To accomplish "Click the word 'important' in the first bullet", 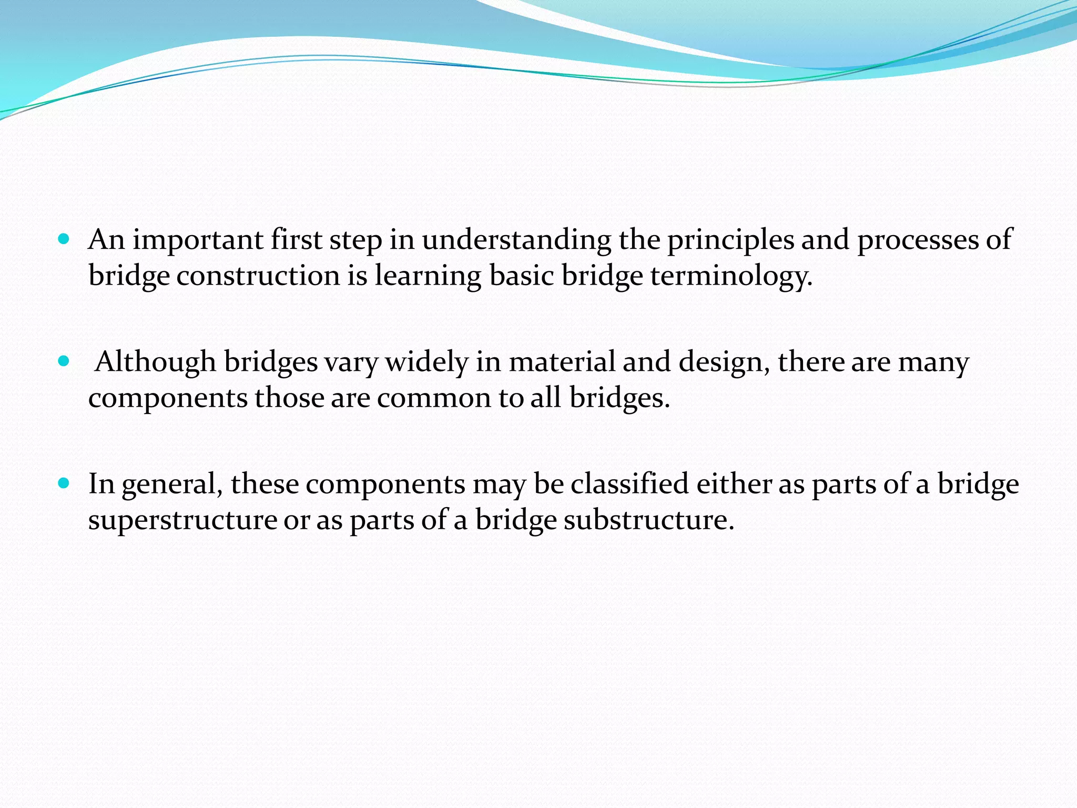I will pos(198,240).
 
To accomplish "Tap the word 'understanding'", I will pos(516,240).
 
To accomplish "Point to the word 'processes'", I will pos(918,240).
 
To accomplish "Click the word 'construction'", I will pos(258,276).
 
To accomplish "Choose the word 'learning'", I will pos(428,276).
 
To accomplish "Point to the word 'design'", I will pos(724,362).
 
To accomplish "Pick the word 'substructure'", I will pos(649,520).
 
